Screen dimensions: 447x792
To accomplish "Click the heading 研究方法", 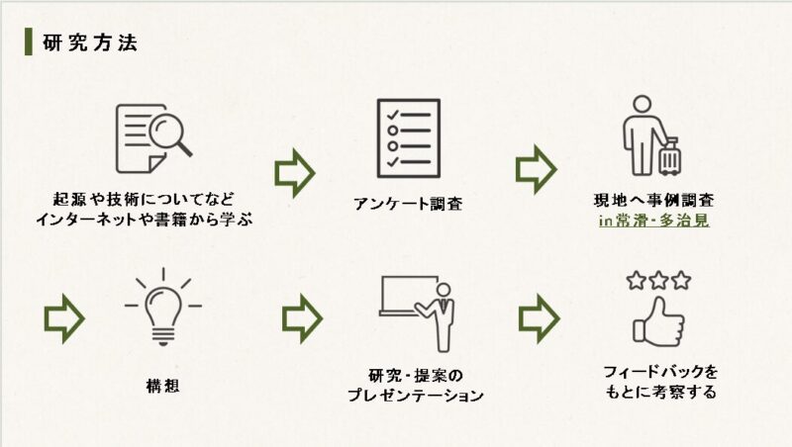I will [x=90, y=43].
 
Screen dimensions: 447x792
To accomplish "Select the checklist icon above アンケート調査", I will [x=407, y=134].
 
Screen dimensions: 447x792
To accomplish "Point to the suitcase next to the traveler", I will [x=669, y=156].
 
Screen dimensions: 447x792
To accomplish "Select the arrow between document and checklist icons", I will [x=294, y=172].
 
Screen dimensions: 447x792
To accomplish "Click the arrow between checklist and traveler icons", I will [x=537, y=169].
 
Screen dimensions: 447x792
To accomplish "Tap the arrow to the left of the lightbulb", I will [x=64, y=318].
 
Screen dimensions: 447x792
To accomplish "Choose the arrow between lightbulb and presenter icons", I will [x=302, y=318].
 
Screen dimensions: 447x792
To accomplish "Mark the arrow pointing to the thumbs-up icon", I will [x=539, y=318].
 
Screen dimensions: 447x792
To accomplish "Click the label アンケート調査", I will [x=407, y=205].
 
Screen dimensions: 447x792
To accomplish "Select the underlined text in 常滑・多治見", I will [x=654, y=222].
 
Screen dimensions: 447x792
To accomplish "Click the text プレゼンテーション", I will [x=415, y=396].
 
